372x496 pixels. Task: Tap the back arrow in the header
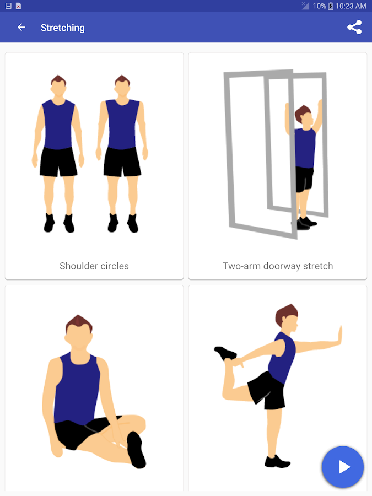point(21,28)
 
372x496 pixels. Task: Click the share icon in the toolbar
point(354,27)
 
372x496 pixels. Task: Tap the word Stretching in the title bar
point(63,28)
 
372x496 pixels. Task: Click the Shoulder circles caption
point(94,266)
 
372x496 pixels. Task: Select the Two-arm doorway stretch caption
point(278,266)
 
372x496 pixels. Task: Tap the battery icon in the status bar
point(331,6)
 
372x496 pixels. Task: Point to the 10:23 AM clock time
point(351,6)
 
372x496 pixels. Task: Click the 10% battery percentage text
point(319,6)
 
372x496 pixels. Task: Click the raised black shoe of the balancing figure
point(225,353)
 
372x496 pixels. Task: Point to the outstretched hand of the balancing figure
point(339,336)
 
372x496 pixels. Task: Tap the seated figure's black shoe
point(136,450)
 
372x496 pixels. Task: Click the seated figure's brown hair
point(79,324)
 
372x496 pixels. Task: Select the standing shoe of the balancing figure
point(277,461)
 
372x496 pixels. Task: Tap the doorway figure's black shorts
point(304,179)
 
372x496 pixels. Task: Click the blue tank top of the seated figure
point(76,388)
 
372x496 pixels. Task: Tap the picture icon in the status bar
point(8,6)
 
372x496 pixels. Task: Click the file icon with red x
point(18,6)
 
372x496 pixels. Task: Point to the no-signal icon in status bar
point(305,6)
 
